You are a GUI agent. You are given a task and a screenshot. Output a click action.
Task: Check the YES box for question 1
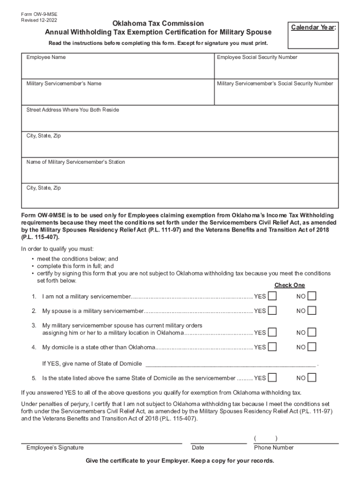(x=272, y=296)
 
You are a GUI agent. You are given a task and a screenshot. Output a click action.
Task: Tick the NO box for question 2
(x=312, y=311)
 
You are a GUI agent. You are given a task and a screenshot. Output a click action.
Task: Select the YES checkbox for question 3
(x=272, y=333)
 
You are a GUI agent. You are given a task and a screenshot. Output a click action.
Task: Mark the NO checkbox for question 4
(x=312, y=347)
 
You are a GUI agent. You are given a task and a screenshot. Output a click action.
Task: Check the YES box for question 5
(x=272, y=378)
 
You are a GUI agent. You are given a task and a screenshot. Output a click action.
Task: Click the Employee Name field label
(x=46, y=58)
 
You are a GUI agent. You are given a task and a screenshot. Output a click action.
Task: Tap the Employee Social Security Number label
(x=257, y=58)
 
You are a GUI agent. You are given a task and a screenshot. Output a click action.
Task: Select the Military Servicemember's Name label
(x=64, y=84)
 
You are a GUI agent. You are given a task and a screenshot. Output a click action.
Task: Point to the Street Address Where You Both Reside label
(x=72, y=110)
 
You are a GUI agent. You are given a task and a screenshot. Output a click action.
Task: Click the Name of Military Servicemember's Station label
(x=75, y=162)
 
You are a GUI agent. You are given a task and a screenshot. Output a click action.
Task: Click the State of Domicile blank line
(x=231, y=363)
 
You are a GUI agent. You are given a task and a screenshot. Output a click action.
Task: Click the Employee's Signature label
(x=55, y=448)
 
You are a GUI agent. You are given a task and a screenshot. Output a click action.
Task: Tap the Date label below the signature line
(x=198, y=448)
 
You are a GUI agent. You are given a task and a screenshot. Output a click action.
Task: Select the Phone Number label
(x=274, y=448)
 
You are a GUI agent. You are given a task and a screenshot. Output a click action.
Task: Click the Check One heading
(x=289, y=285)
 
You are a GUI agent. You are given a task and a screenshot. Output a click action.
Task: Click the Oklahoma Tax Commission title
(x=158, y=23)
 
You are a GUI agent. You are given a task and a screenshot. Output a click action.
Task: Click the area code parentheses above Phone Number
(x=266, y=438)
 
